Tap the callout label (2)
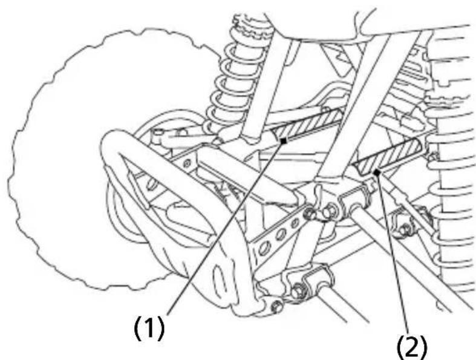pos(412,347)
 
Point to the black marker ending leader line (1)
pos(284,141)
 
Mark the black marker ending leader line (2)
pos(377,172)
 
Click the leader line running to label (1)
pos(225,228)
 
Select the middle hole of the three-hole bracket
pos(281,234)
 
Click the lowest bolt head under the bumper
pos(277,307)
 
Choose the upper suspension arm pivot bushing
pos(355,202)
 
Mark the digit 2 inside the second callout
pos(412,348)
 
